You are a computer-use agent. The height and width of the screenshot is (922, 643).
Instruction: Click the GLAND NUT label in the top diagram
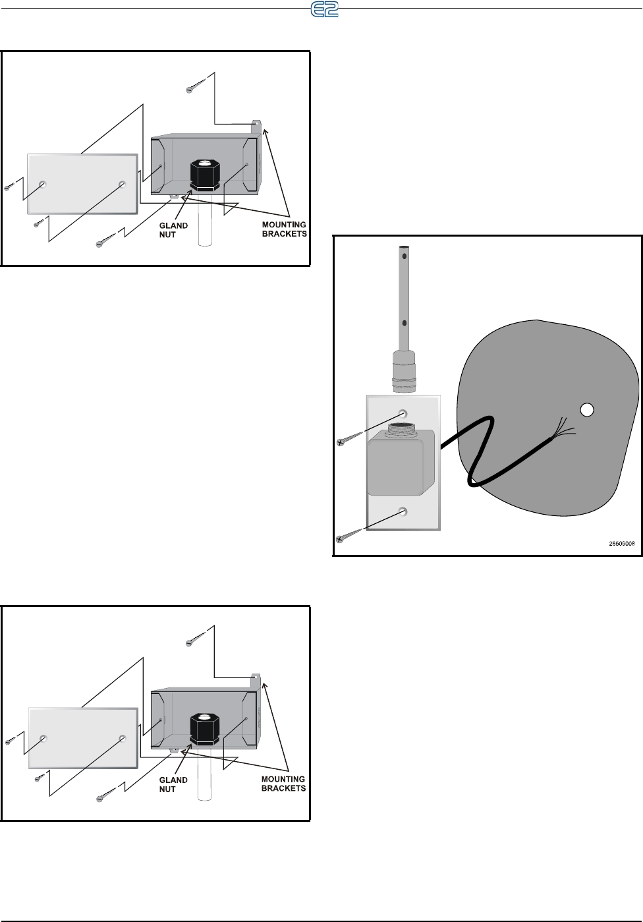pos(174,230)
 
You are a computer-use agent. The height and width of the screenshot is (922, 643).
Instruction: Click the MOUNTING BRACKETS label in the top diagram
pos(284,229)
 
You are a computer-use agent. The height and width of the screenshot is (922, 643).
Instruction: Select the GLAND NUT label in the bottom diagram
pos(174,784)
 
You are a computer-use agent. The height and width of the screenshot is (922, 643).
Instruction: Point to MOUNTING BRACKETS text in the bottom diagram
pos(284,784)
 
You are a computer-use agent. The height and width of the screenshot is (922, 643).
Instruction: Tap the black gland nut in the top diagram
pos(204,174)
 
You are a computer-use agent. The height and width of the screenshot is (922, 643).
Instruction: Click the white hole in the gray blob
pos(586,410)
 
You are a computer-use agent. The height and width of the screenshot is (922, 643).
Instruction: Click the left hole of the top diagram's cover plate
pos(43,184)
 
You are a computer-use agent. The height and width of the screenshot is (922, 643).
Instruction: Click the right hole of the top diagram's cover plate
pos(122,184)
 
